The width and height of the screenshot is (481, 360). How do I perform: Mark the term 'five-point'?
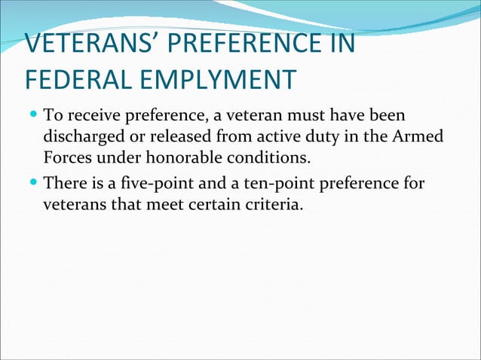pos(157,183)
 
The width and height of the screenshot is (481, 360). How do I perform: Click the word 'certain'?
pos(215,204)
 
